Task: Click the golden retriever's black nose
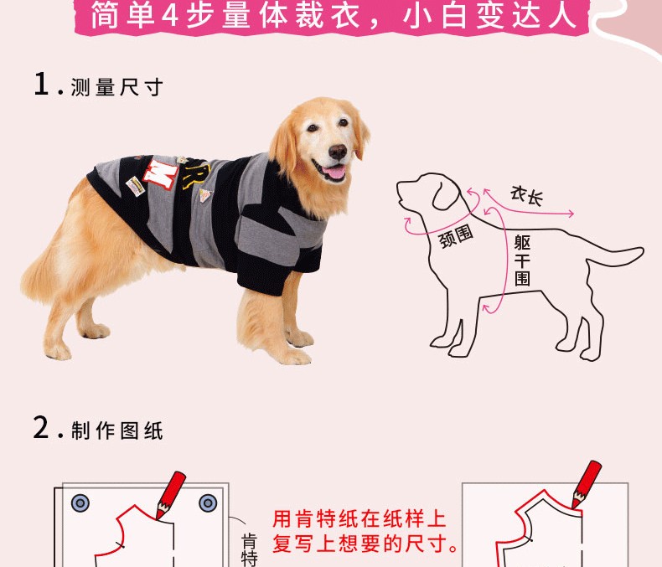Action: click(338, 152)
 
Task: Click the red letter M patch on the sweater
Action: click(161, 173)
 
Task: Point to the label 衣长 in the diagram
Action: click(526, 196)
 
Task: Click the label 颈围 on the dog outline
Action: click(456, 236)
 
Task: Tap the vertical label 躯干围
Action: click(522, 260)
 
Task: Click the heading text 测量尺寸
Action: click(117, 87)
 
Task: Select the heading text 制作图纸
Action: click(117, 430)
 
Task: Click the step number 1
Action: click(41, 84)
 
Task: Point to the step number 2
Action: click(41, 427)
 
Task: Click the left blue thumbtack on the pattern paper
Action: click(80, 503)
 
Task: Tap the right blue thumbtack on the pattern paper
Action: click(208, 503)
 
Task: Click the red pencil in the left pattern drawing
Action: click(171, 495)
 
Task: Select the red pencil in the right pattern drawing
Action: click(587, 484)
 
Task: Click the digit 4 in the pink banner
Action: click(170, 16)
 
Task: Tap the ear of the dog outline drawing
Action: click(446, 193)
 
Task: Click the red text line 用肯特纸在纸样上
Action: click(359, 519)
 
